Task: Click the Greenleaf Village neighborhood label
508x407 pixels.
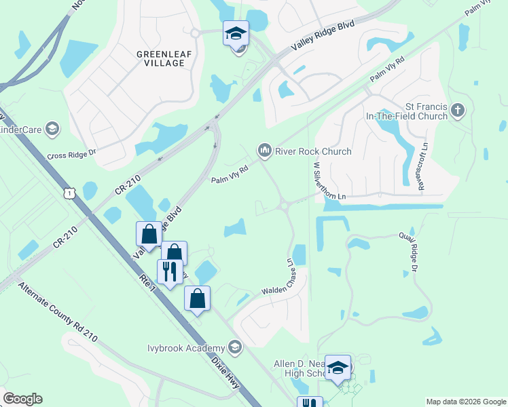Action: point(160,58)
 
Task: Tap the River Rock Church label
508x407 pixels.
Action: point(312,151)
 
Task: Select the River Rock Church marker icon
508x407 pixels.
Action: point(264,149)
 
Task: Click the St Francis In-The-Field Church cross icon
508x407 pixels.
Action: point(458,110)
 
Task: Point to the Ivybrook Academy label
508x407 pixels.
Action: point(186,348)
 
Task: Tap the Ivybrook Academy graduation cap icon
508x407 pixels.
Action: point(235,348)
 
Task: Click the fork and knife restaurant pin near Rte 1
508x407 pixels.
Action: point(169,271)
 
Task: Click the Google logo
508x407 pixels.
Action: point(22,399)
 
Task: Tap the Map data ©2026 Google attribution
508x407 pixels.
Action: point(465,402)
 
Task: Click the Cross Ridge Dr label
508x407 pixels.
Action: point(72,155)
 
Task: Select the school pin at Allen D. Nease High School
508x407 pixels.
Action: point(337,368)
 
